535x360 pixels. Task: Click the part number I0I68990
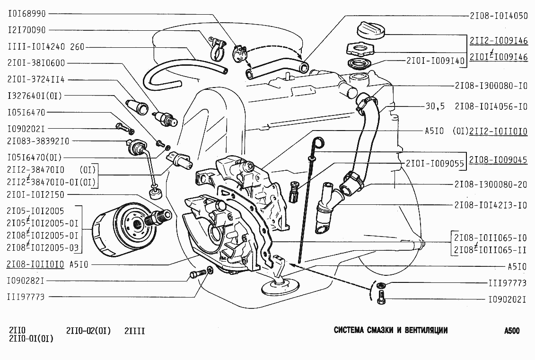pos(27,14)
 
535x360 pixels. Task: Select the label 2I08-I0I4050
pos(499,15)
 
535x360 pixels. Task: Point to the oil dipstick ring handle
pos(319,141)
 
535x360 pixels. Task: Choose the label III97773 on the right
pos(508,283)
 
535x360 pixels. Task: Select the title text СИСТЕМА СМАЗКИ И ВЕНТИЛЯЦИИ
pos(390,330)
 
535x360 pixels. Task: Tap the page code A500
pos(512,331)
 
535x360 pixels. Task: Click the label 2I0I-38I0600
pos(36,63)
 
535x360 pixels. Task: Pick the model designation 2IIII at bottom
pos(135,331)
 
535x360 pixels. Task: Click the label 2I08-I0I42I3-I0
pos(491,205)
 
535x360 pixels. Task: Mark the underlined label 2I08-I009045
pos(499,160)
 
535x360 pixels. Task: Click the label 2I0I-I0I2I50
pos(36,194)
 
